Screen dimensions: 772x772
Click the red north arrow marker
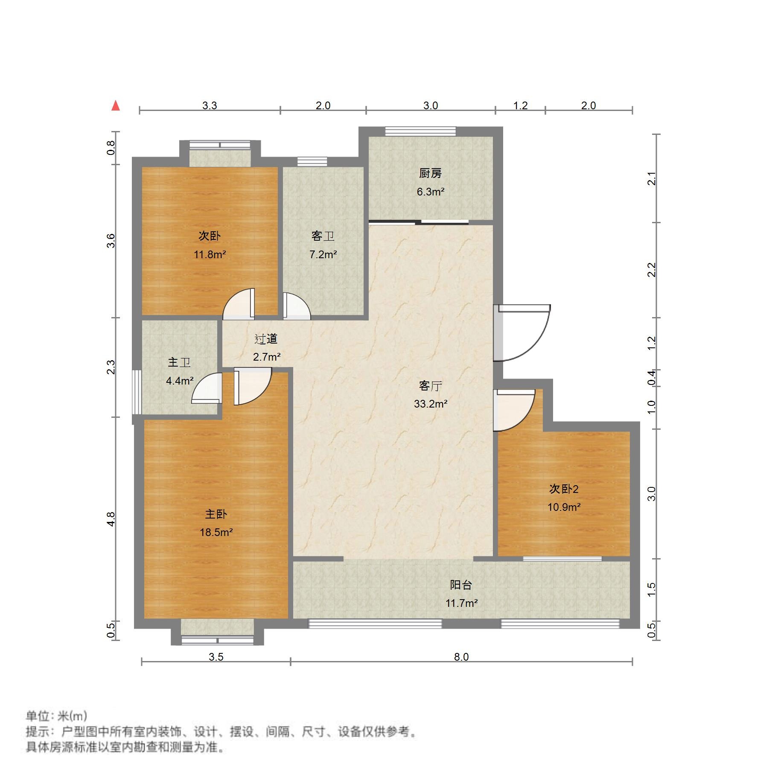(x=116, y=105)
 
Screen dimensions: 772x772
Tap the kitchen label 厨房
(x=430, y=173)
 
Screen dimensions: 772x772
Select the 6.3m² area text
(x=431, y=192)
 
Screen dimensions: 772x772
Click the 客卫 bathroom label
(x=323, y=236)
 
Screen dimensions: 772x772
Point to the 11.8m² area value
(x=210, y=255)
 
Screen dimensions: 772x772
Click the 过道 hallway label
(x=266, y=339)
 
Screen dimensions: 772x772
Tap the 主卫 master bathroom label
(x=179, y=362)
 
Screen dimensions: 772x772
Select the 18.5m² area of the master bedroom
(x=216, y=532)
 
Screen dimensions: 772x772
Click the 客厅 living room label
(x=430, y=386)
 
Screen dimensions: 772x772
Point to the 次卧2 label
(x=564, y=489)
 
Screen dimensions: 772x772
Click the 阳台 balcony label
(x=461, y=585)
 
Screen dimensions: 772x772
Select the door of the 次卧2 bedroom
(x=512, y=410)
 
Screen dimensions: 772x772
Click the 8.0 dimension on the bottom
(x=461, y=657)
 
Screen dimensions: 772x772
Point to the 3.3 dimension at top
(x=210, y=105)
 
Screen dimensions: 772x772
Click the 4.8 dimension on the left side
(x=111, y=519)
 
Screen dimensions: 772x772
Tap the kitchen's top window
(x=420, y=131)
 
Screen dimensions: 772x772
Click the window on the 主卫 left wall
(x=137, y=392)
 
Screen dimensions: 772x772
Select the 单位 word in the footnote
(x=38, y=716)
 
